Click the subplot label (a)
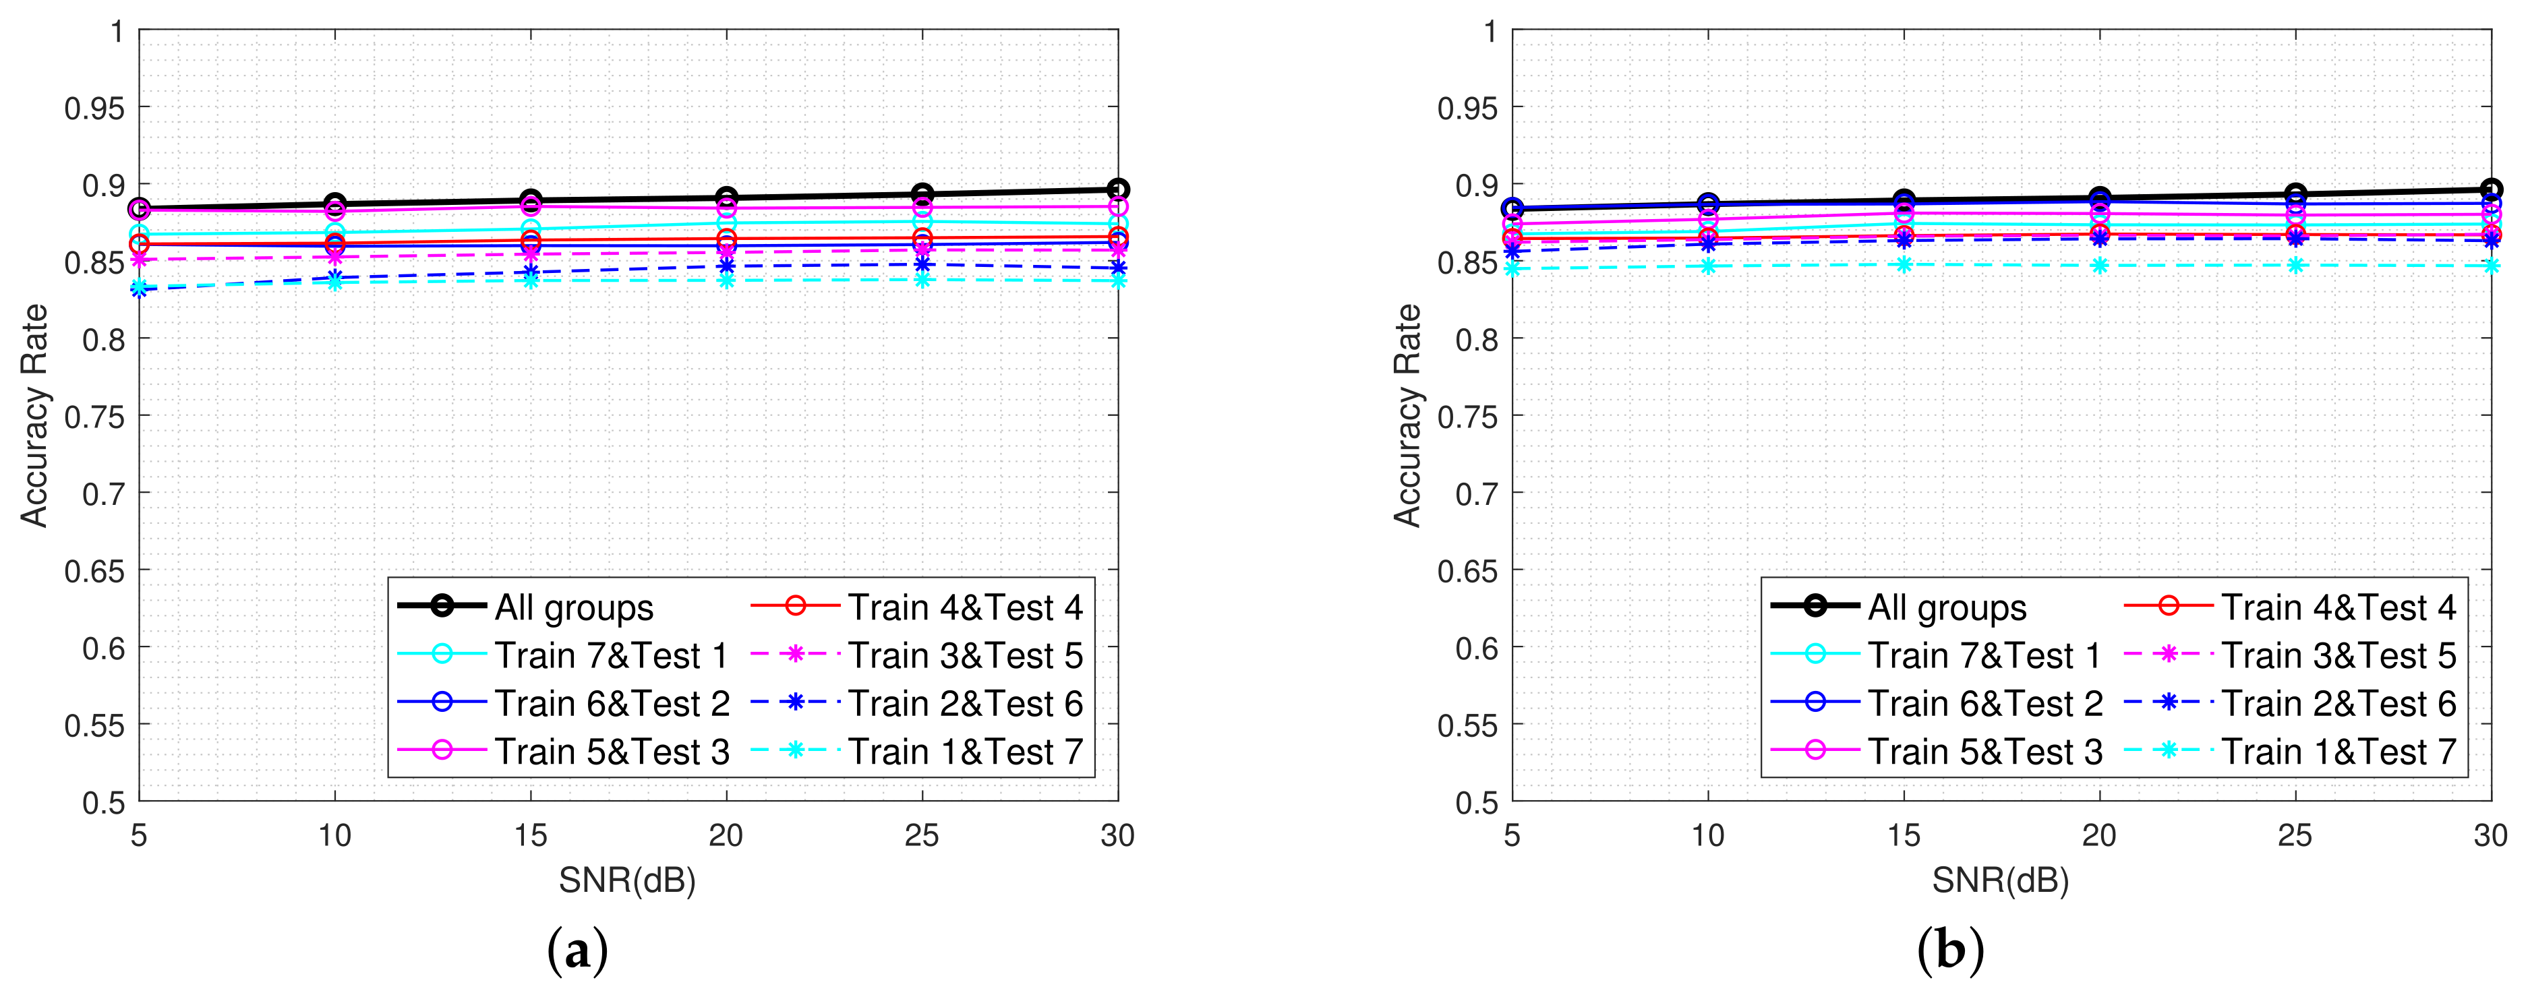577,951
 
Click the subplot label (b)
1949,951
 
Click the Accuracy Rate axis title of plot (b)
1407,415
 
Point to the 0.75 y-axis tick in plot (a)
94,417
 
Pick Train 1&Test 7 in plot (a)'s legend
964,752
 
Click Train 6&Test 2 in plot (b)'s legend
1984,703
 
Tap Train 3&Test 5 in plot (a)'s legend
964,655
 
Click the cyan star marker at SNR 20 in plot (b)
2100,265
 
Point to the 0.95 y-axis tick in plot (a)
94,108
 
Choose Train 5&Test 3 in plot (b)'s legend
1984,752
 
